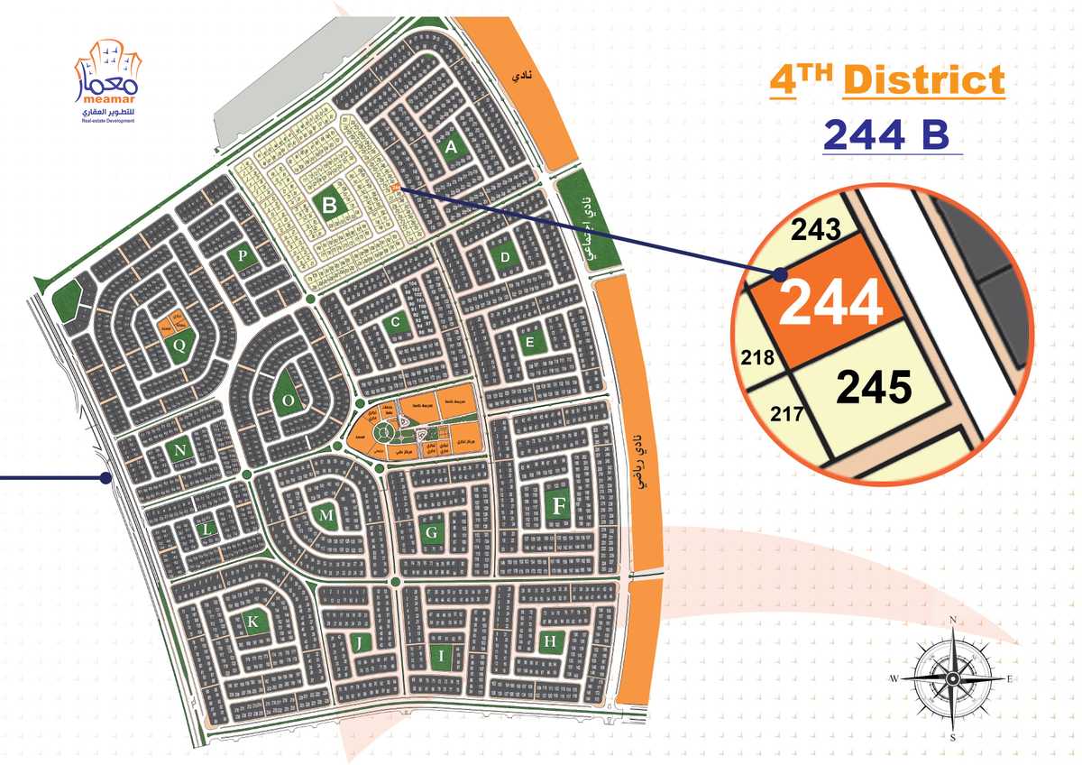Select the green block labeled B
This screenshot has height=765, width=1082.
[x=330, y=206]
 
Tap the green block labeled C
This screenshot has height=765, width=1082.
[x=394, y=322]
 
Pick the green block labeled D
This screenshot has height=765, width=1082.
[x=505, y=259]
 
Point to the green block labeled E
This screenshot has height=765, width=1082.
[x=530, y=343]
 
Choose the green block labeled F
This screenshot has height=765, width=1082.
[x=559, y=507]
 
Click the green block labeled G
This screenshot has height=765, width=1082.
[x=432, y=534]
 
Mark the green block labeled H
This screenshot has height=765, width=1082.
[x=549, y=642]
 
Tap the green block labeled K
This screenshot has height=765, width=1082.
[x=253, y=622]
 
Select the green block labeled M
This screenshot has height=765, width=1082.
[x=327, y=514]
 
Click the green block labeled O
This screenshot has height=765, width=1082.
[x=289, y=400]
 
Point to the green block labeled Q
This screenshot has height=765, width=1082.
[x=179, y=344]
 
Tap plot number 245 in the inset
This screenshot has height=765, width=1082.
[x=875, y=388]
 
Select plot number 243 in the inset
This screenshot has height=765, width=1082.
[x=815, y=231]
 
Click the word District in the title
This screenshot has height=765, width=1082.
[x=923, y=80]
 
